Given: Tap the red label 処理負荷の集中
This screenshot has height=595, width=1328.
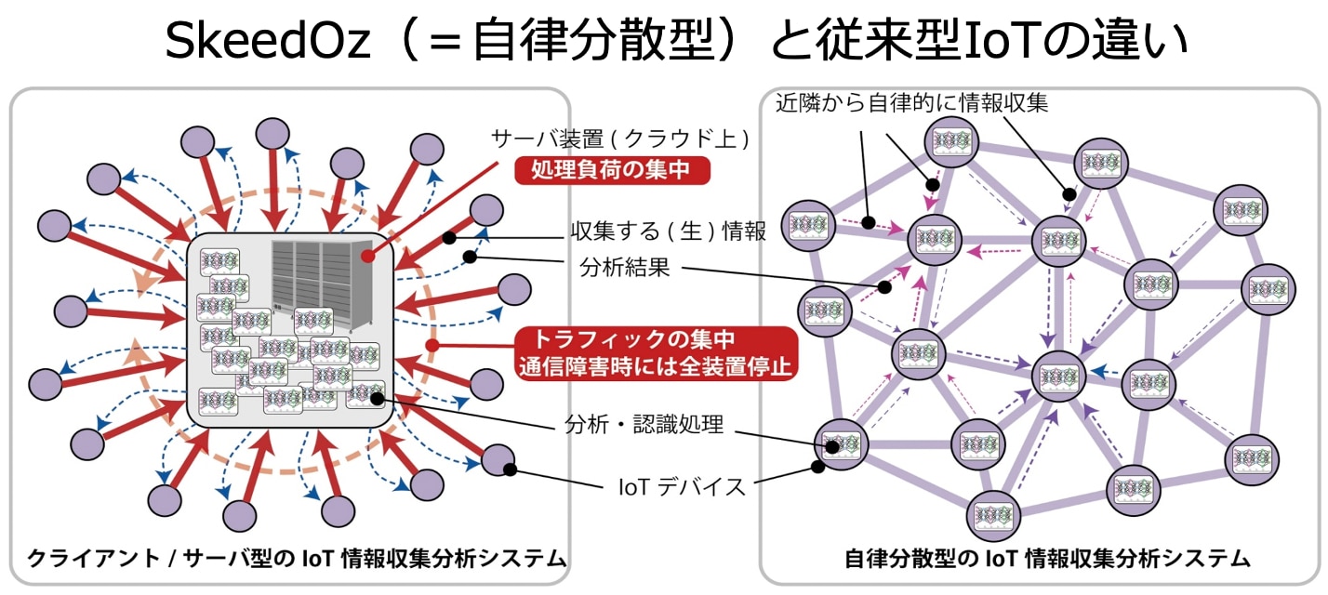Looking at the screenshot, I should (x=614, y=169).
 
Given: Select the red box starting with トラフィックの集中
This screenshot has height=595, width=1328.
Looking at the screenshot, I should (x=657, y=351).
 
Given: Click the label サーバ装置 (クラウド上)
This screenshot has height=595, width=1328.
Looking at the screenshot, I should (x=620, y=139).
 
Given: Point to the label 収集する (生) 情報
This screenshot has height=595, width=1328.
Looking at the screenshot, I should (x=668, y=231).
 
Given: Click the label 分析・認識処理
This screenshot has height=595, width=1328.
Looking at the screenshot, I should (x=644, y=425).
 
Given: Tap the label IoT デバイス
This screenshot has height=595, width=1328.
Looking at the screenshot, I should (x=682, y=485).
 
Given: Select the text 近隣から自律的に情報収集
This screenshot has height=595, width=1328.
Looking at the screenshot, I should (x=911, y=103).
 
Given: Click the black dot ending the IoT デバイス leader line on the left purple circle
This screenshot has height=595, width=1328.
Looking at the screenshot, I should (x=510, y=469).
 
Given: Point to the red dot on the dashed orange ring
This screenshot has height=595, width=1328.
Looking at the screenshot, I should (x=432, y=345).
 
